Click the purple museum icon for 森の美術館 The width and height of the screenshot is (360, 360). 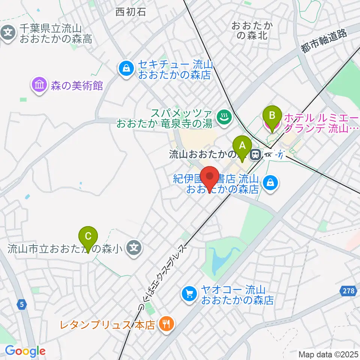pyautogui.click(x=39, y=85)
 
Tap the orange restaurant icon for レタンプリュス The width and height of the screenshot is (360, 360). pyautogui.click(x=165, y=324)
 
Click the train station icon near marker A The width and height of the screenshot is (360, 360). pyautogui.click(x=256, y=154)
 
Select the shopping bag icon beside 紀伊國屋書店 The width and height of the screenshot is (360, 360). pyautogui.click(x=270, y=183)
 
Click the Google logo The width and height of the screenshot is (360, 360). pyautogui.click(x=25, y=351)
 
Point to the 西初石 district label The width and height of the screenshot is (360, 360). pyautogui.click(x=130, y=12)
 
